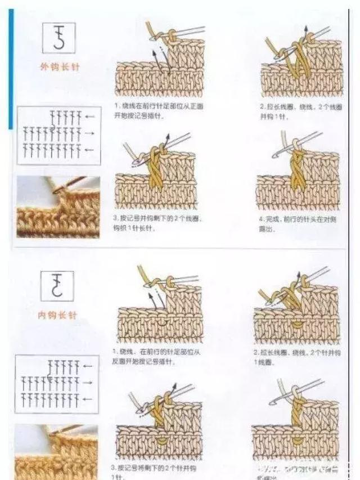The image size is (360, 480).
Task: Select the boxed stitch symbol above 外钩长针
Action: pos(58,38)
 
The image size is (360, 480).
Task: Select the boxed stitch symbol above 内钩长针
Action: pos(57,286)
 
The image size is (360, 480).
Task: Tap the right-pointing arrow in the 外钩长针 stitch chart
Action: pos(89,134)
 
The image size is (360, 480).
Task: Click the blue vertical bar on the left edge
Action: pos(11,68)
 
